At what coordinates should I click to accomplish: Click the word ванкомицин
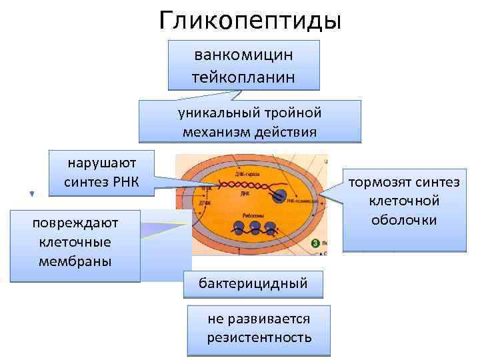pos(244,54)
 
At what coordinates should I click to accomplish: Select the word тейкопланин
pos(244,75)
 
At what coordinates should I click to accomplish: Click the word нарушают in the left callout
pos(102,163)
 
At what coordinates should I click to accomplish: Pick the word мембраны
pos(75,260)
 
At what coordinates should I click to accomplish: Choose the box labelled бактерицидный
pos(253,283)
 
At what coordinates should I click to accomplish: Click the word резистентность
pos(259,337)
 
